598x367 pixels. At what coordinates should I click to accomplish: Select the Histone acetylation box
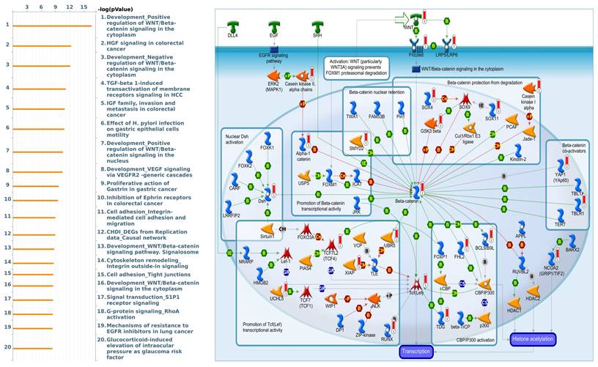click(x=534, y=338)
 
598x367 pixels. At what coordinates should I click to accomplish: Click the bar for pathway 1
click(x=53, y=26)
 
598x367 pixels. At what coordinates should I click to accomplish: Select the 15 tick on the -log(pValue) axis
click(x=83, y=7)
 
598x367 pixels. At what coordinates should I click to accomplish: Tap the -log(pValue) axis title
click(x=117, y=8)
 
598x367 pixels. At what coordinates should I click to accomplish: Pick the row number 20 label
click(x=7, y=347)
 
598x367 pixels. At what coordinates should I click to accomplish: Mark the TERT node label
click(x=561, y=225)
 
